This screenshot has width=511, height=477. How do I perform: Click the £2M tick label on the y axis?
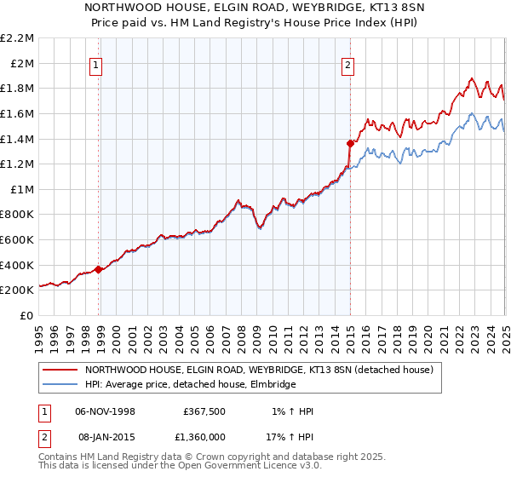(22, 63)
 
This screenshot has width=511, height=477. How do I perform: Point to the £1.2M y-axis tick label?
(18, 164)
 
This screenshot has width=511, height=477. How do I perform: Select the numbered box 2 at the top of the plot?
(349, 64)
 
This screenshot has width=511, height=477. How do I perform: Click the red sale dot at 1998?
(99, 269)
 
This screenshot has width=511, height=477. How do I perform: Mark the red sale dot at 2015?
(350, 143)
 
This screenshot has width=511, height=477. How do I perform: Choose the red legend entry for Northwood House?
(259, 370)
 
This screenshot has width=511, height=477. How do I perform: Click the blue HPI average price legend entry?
(189, 385)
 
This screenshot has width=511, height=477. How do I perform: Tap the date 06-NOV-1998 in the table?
(106, 411)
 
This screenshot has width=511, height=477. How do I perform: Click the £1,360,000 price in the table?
(206, 437)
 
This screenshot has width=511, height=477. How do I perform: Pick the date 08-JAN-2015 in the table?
(106, 437)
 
